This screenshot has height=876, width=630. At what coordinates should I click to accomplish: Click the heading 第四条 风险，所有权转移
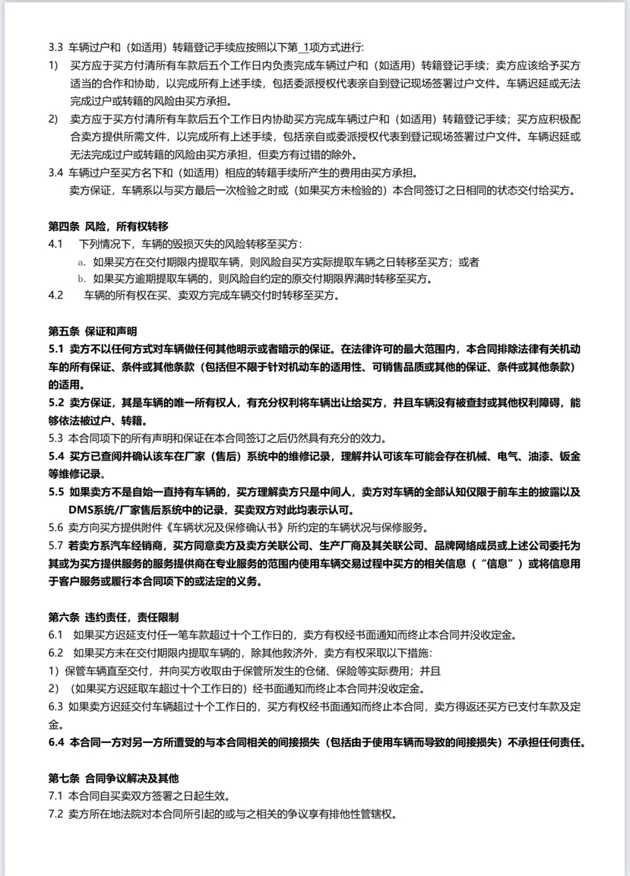[x=107, y=227]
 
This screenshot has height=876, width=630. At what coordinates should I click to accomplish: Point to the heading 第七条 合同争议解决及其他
[x=113, y=777]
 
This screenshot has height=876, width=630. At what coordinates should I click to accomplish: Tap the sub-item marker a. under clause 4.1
[x=81, y=262]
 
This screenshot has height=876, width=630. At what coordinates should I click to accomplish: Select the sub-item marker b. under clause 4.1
[x=81, y=279]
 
